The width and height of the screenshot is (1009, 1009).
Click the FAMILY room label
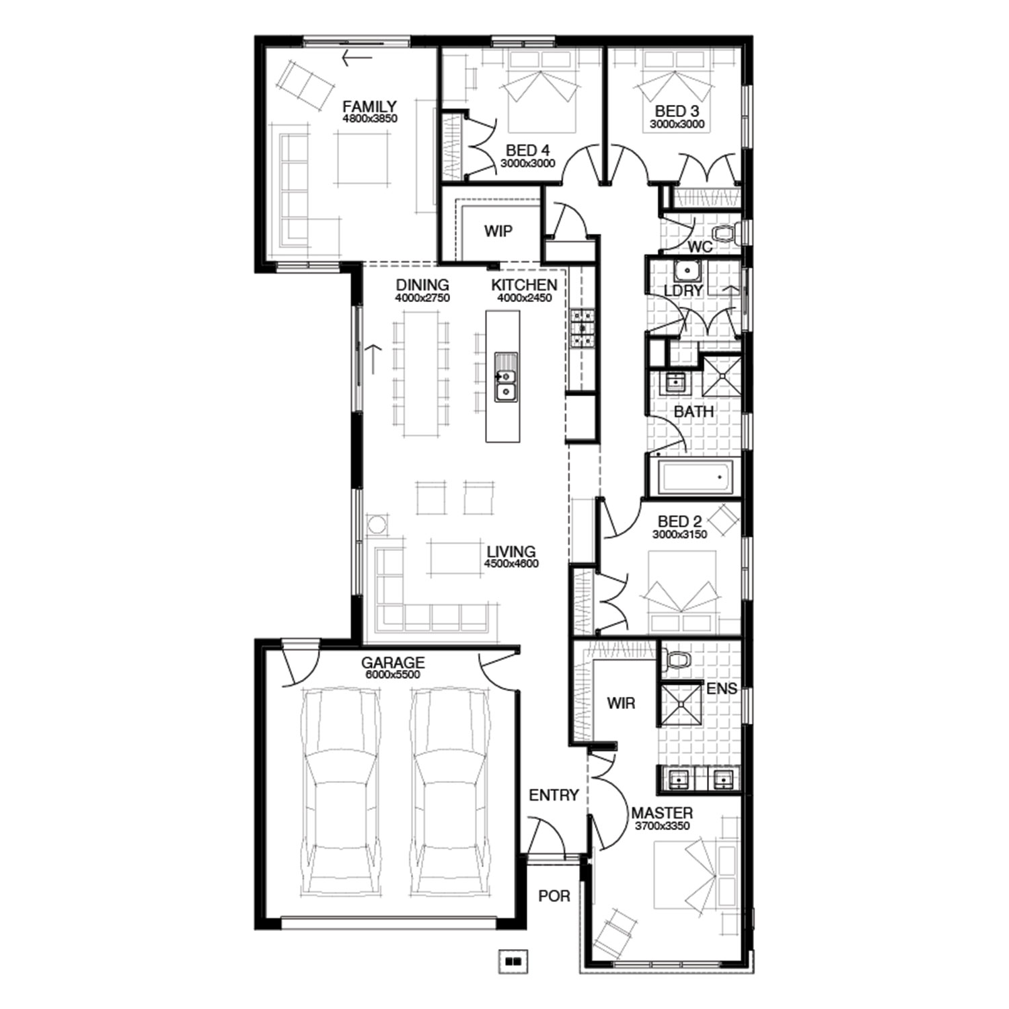tap(369, 106)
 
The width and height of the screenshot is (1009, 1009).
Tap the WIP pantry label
tap(498, 231)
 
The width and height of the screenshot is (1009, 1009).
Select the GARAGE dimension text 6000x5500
tap(392, 675)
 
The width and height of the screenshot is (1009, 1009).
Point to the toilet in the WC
tap(724, 233)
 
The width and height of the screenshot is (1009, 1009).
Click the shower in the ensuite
tap(681, 704)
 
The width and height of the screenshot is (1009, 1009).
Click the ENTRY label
tap(554, 795)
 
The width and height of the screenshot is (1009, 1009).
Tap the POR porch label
tap(554, 896)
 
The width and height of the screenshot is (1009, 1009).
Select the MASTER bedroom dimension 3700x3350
tap(663, 826)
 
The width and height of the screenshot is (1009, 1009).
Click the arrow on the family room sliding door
tap(357, 58)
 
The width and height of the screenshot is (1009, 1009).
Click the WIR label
tap(621, 704)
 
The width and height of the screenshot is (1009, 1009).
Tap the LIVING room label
tap(511, 552)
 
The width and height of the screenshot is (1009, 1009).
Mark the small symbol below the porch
tap(514, 961)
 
